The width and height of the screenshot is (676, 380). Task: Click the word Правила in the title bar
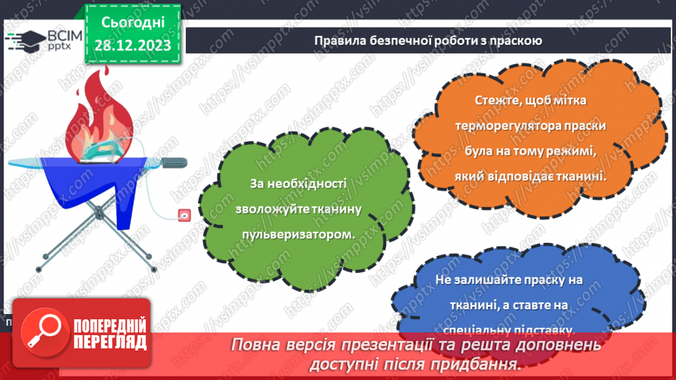(x=338, y=40)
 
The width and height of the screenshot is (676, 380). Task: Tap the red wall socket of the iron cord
(x=184, y=216)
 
